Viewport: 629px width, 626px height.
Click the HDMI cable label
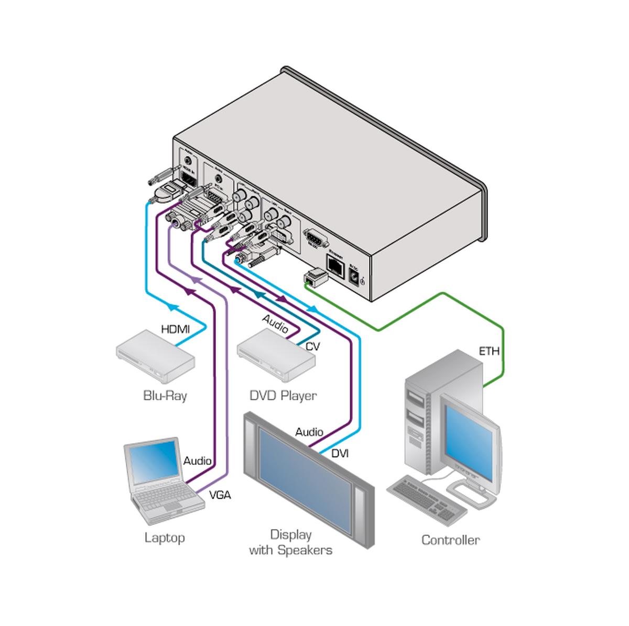coord(175,329)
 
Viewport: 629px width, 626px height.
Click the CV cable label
coord(312,346)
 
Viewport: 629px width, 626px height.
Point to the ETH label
coord(489,351)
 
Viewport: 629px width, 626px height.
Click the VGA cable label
coord(220,495)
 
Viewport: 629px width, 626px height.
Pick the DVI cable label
coord(340,453)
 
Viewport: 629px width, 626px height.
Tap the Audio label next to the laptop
coord(197,461)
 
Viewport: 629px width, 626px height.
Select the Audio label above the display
coord(309,432)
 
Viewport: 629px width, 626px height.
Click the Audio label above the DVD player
coord(275,324)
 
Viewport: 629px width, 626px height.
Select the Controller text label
coord(450,540)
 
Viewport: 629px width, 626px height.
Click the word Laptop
coord(165,537)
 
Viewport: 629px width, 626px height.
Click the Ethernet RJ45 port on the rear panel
coord(334,264)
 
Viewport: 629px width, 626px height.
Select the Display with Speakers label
coord(290,542)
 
